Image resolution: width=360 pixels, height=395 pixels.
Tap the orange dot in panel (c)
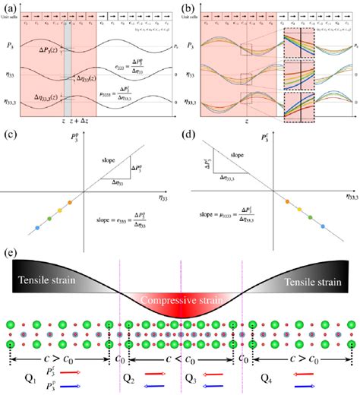coord(69,202)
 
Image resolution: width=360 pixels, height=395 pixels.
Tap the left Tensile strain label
coord(43,282)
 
